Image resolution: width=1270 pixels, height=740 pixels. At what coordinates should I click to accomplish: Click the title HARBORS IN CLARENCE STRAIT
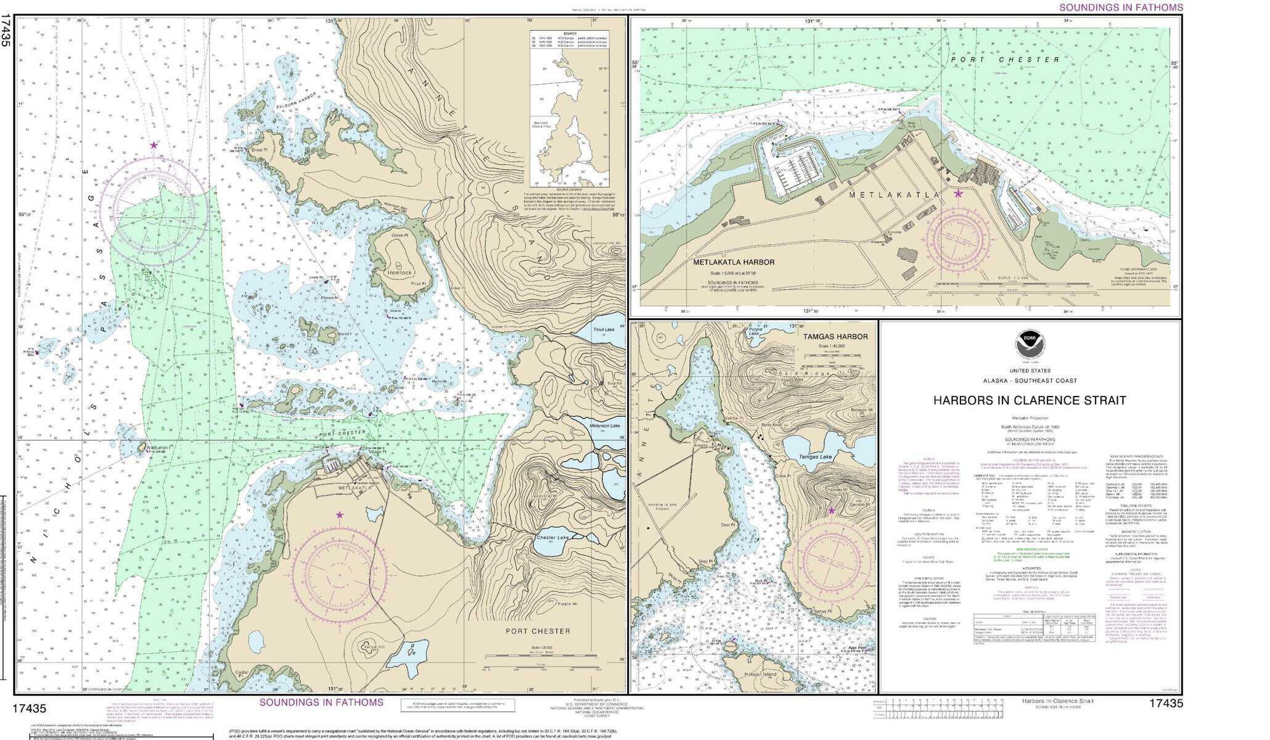tap(1029, 400)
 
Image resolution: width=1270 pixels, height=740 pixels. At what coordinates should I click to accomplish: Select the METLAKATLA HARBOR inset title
tap(734, 262)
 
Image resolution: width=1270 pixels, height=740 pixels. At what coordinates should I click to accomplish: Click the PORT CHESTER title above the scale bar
tap(538, 631)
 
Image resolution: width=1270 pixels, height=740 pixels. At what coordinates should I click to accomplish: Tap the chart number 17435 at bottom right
tap(1166, 703)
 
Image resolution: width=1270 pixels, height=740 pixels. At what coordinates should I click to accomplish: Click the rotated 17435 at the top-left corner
tap(6, 31)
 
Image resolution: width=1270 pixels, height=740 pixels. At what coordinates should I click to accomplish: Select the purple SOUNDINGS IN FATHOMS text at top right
tap(1121, 7)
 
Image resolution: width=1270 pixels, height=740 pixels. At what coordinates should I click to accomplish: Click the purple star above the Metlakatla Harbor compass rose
tap(958, 194)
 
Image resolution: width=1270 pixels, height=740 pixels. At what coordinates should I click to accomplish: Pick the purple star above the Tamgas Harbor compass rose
tap(831, 511)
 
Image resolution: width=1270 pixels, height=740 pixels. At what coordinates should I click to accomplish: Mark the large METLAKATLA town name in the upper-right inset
tap(894, 195)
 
